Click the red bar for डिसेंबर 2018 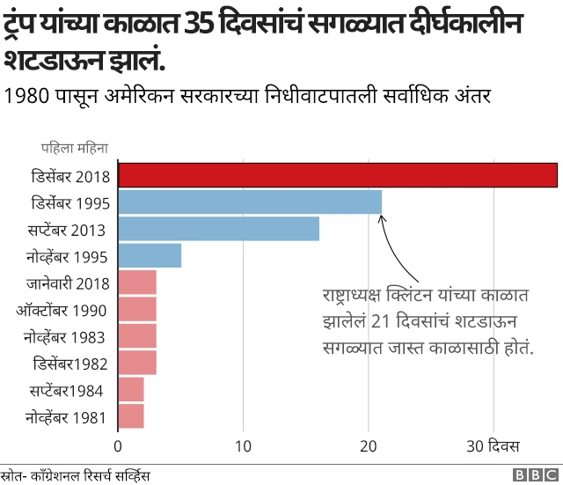coord(338,175)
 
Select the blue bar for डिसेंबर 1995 coord(250,202)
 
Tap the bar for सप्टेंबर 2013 coord(218,229)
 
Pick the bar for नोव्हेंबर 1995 coord(150,256)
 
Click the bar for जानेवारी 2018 coord(137,283)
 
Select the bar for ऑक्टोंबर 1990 coord(137,310)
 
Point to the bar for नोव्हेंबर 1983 coord(137,336)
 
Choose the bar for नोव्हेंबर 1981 coord(131,416)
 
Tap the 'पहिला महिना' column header coord(74,148)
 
